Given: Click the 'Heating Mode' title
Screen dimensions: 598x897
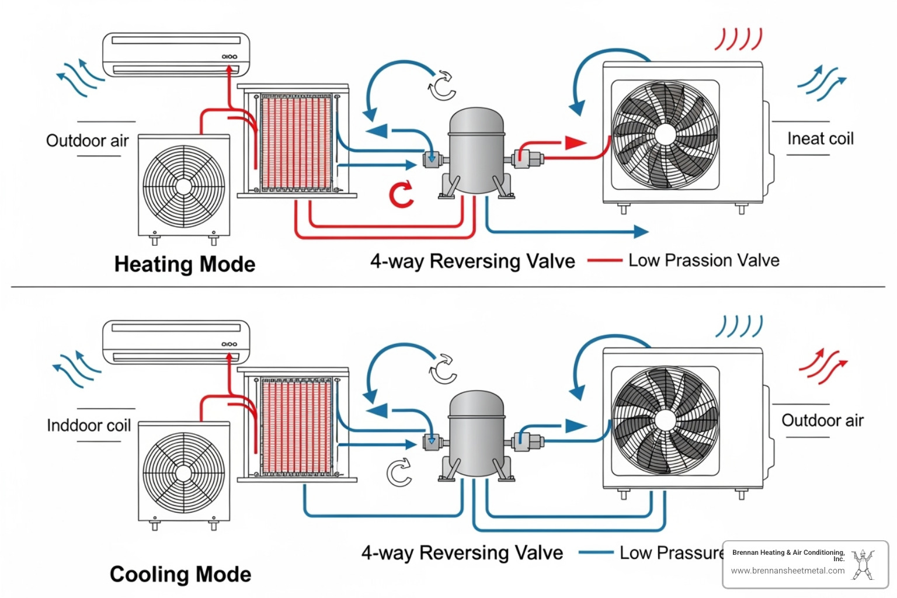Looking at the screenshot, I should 185,264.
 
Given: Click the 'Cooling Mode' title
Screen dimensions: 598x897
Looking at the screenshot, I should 180,574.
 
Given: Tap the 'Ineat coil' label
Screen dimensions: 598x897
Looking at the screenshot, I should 820,138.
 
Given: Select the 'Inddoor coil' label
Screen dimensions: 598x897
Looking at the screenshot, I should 89,425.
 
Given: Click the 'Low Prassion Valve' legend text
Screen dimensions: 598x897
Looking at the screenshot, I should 704,260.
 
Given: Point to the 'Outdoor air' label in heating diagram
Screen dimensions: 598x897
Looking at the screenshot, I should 88,140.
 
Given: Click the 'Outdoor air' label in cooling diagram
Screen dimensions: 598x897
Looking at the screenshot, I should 822,420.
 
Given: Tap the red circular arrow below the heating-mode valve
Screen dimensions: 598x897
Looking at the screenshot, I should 401,195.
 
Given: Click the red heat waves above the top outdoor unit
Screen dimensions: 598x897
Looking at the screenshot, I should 739,39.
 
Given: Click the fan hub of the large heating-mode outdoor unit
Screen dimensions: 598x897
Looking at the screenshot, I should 665,134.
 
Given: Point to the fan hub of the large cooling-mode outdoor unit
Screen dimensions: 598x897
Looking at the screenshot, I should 665,420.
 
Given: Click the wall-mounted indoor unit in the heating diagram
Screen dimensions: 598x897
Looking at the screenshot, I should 176,54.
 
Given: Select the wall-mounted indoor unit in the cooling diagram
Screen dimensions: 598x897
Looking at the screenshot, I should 176,341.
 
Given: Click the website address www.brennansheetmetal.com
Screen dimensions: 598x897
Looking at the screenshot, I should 788,571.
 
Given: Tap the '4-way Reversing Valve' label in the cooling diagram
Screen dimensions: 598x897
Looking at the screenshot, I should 462,552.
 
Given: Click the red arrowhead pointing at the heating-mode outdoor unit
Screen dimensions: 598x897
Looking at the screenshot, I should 575,142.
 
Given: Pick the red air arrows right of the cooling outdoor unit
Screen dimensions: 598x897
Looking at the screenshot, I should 823,367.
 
